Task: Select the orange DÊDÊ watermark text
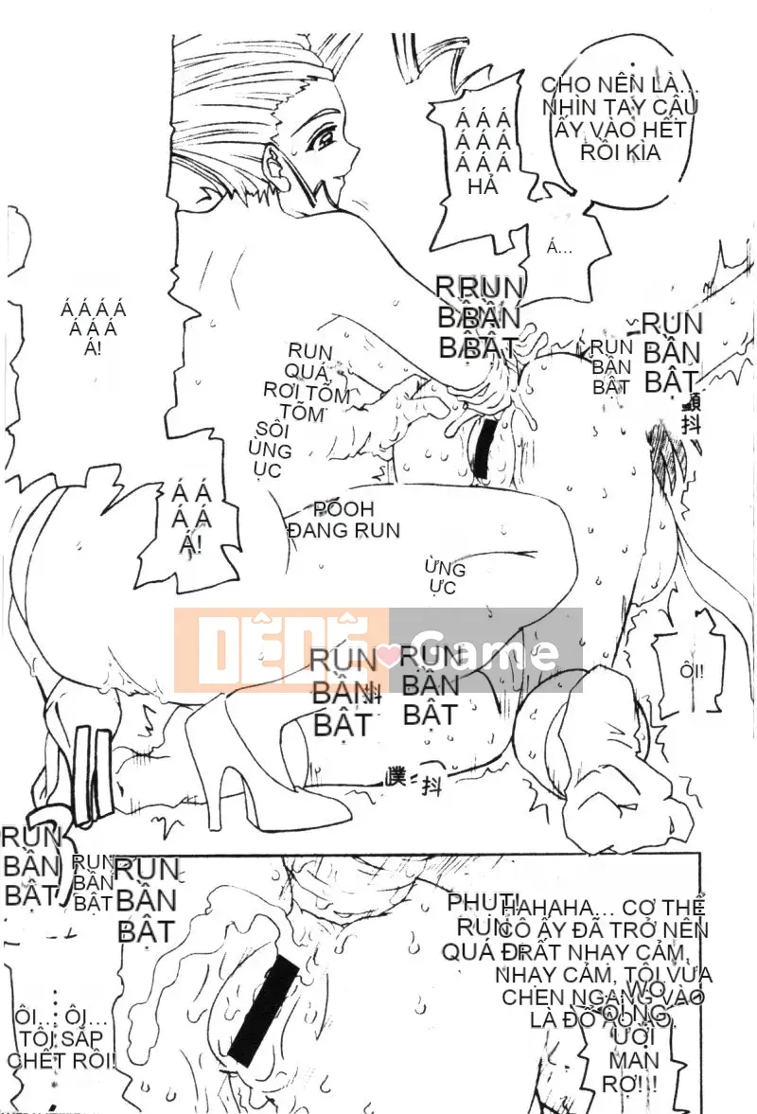(280, 650)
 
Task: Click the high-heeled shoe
(240, 748)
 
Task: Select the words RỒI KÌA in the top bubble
(620, 152)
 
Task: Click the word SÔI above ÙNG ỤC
(271, 429)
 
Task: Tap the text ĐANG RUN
(343, 530)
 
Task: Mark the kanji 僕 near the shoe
(396, 778)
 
